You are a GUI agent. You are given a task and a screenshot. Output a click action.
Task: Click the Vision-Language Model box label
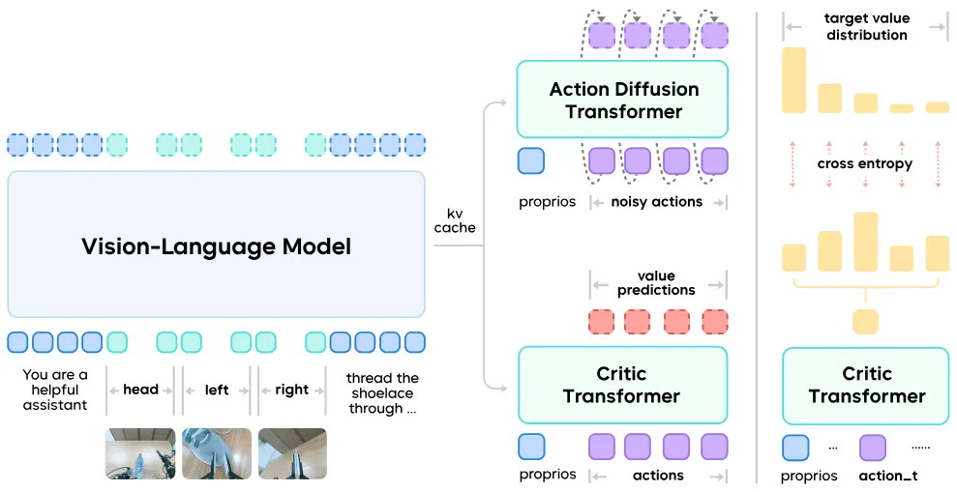(x=216, y=246)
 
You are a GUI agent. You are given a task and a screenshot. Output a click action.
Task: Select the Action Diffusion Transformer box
(x=623, y=100)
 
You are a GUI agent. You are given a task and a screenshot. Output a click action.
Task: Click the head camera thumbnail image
(x=140, y=453)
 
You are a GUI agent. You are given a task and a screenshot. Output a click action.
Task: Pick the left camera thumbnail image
(x=217, y=453)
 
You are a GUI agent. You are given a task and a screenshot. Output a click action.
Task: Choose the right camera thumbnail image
(x=292, y=453)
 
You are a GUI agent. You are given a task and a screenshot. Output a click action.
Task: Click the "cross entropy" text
(x=864, y=164)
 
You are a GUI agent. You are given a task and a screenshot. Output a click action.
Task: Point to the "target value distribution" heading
(x=865, y=27)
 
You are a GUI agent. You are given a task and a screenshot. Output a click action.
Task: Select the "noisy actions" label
(x=656, y=202)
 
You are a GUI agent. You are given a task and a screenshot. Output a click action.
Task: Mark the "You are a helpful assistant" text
(x=55, y=390)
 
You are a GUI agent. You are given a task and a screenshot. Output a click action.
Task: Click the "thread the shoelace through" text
(x=382, y=393)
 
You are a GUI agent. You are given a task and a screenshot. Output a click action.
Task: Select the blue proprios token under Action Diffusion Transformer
(x=531, y=160)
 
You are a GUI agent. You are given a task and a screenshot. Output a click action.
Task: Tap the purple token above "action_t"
(x=872, y=448)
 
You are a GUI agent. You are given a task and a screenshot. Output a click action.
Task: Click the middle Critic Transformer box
(x=622, y=385)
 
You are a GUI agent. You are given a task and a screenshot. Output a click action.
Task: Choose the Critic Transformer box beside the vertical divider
(x=866, y=385)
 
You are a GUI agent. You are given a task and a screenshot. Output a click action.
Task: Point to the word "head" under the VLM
(x=140, y=390)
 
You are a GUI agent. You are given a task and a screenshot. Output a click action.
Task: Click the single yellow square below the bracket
(x=865, y=322)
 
